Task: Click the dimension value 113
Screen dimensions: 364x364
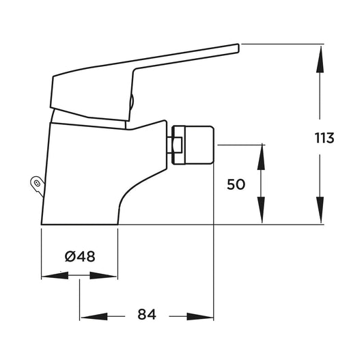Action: [324, 138]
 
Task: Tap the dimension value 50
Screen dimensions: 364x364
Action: [236, 184]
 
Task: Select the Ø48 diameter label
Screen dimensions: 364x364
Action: [80, 257]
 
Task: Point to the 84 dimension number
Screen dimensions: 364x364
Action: [147, 314]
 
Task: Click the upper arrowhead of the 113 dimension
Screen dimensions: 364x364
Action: [320, 59]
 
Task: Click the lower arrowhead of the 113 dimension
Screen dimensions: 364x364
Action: [320, 210]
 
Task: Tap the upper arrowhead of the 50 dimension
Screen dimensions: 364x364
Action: [261, 156]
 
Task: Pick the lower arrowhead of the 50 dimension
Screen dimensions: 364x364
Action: [261, 210]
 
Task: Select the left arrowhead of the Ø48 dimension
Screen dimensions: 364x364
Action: [55, 275]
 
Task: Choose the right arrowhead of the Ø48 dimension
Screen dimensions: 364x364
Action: [103, 275]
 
